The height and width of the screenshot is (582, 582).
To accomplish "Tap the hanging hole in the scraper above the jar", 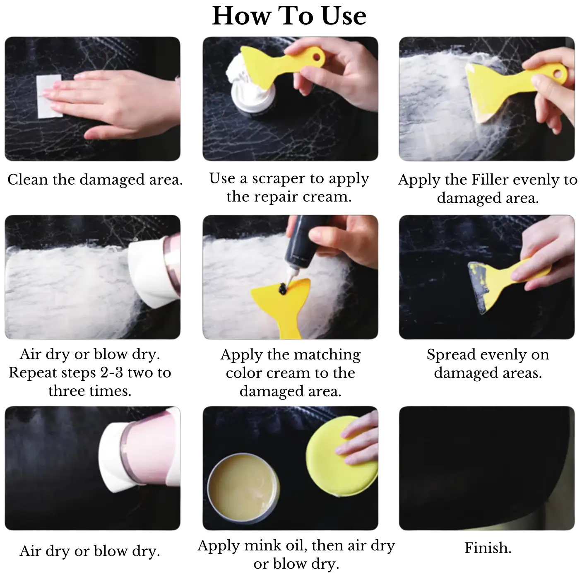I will click(316, 54).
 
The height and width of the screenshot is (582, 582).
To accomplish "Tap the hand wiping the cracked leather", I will click(124, 101).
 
